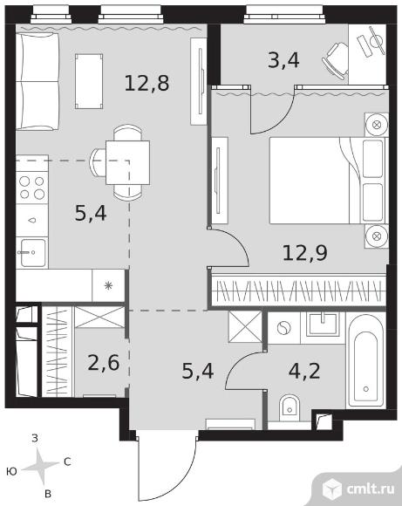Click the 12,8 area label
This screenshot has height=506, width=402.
(146, 83)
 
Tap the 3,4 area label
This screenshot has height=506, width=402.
(283, 60)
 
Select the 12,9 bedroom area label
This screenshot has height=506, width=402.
(305, 252)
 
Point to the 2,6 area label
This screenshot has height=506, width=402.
(104, 362)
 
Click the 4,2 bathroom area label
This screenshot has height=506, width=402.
(304, 371)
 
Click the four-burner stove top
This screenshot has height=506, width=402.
(32, 188)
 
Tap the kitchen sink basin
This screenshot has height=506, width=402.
(32, 253)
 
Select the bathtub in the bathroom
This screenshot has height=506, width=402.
(366, 361)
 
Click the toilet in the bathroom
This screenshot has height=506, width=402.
(290, 407)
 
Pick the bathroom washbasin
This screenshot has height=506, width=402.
(323, 324)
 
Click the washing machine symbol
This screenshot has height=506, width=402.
(284, 328)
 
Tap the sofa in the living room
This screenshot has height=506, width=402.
(37, 81)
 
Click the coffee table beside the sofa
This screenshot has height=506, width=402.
(89, 81)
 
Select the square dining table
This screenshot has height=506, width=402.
(128, 162)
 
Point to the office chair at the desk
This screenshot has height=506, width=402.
(336, 61)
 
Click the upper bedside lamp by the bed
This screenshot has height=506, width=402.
(377, 125)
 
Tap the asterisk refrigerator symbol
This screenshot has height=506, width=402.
(108, 285)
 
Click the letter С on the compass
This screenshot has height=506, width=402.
(67, 462)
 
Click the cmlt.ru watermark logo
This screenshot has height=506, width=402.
(358, 488)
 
